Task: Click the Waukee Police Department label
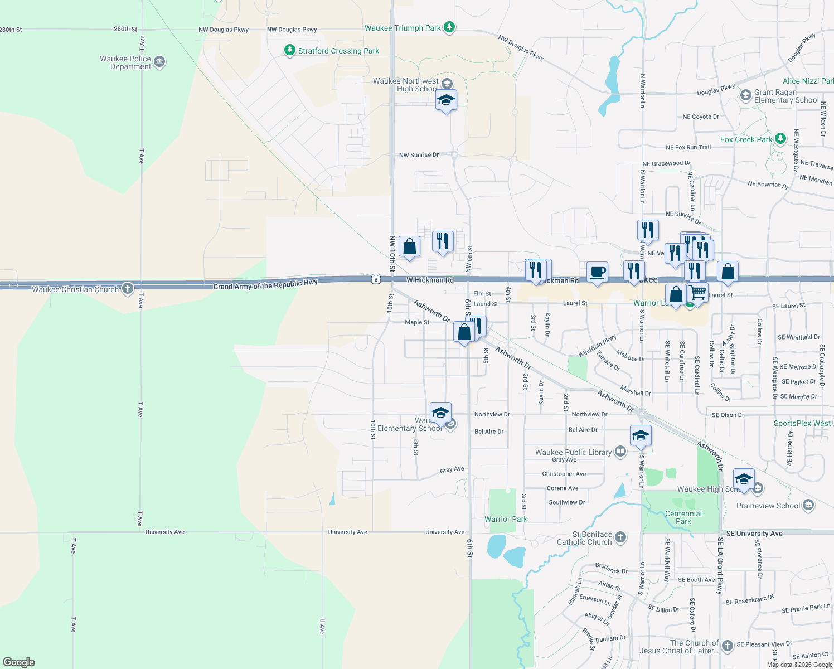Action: click(125, 62)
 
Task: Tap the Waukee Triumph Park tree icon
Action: click(449, 27)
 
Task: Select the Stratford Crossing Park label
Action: click(338, 51)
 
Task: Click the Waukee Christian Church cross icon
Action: click(128, 288)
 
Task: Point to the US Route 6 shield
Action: click(376, 279)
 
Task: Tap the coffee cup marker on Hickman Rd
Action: click(597, 272)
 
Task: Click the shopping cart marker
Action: click(698, 292)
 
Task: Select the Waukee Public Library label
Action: click(573, 452)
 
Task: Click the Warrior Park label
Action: click(506, 519)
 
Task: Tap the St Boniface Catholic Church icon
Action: click(620, 537)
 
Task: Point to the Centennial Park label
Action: click(683, 517)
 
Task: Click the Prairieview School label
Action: click(768, 506)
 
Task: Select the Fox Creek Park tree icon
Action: click(780, 138)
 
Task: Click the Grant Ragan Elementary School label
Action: click(786, 96)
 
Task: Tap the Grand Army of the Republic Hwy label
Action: click(265, 285)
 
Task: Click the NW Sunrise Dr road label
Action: click(419, 155)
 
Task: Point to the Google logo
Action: click(19, 662)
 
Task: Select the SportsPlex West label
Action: click(802, 423)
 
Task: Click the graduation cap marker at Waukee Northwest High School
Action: click(446, 100)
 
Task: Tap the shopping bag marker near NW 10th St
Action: click(409, 246)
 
